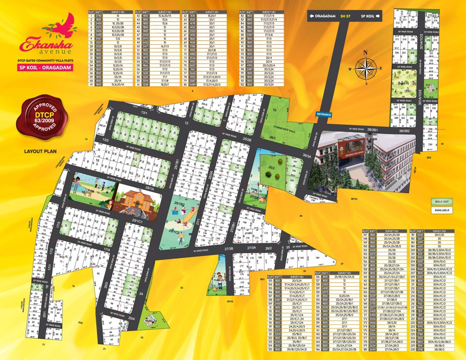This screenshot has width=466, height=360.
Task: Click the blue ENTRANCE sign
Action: pyautogui.click(x=323, y=114)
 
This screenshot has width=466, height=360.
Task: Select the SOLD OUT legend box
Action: pyautogui.click(x=443, y=202)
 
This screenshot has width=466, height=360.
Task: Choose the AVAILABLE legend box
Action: pyautogui.click(x=443, y=210)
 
